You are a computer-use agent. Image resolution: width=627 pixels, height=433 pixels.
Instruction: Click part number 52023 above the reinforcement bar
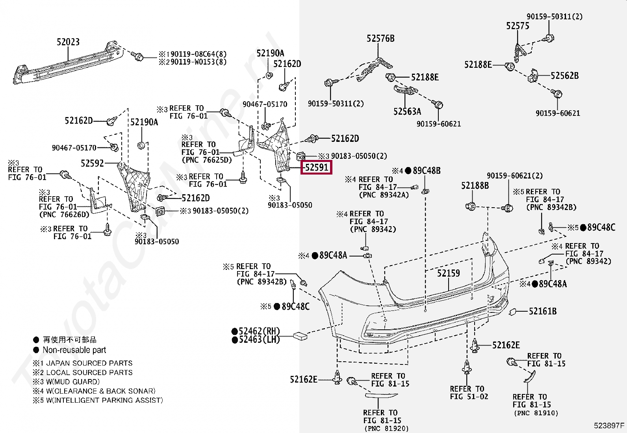(68, 42)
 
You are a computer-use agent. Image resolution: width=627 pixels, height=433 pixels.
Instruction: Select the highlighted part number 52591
(317, 167)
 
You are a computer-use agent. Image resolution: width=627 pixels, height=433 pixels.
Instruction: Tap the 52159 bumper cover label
(448, 273)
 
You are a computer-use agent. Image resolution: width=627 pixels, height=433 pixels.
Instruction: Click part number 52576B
(380, 38)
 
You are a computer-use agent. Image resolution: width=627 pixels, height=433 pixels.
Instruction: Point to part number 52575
(518, 26)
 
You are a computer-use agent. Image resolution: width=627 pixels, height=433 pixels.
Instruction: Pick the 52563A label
(407, 112)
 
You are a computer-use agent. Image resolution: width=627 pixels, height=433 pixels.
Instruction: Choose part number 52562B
(564, 76)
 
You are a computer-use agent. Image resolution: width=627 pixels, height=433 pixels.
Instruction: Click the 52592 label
(92, 163)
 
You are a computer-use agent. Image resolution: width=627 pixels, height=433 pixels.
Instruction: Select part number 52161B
(542, 311)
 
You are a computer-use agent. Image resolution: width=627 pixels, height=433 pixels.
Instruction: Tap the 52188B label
(475, 185)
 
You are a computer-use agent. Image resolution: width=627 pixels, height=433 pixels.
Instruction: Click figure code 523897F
(609, 426)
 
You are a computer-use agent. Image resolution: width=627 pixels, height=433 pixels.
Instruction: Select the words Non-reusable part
(74, 350)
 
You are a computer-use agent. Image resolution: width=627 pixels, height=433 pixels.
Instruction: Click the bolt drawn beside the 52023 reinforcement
(137, 56)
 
